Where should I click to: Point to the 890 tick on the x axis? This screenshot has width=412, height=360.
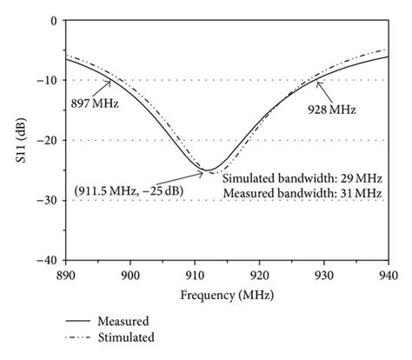pos(67,274)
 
